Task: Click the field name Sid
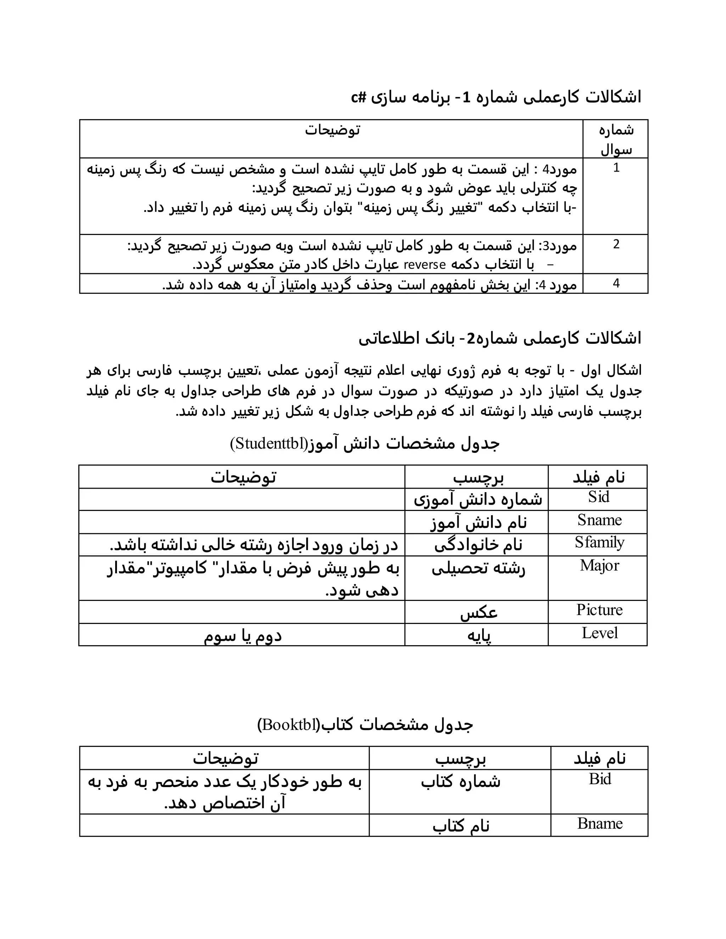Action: coord(599,497)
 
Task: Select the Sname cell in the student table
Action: coord(599,520)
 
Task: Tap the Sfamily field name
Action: coord(599,542)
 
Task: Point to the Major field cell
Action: coord(599,566)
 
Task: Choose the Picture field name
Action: coord(599,610)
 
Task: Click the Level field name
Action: coord(599,633)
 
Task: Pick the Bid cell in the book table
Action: coord(599,779)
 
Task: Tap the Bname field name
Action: coord(599,823)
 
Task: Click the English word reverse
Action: coord(424,264)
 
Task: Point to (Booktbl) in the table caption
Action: coord(289,725)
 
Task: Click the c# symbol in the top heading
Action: coord(358,97)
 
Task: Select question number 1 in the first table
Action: coord(616,168)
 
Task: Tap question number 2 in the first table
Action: coord(616,244)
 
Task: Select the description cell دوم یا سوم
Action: coord(242,635)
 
